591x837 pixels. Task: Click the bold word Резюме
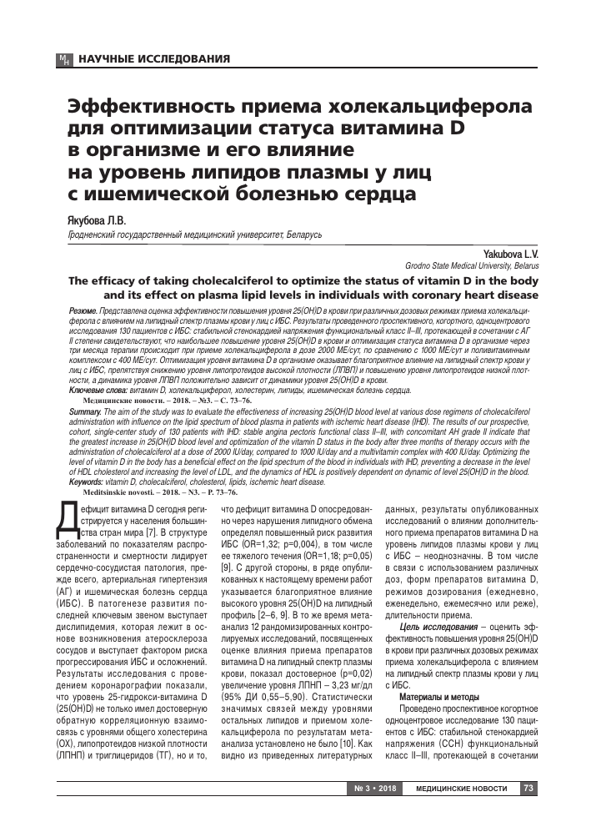[x=84, y=310]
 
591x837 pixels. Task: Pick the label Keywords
[x=88, y=482]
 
